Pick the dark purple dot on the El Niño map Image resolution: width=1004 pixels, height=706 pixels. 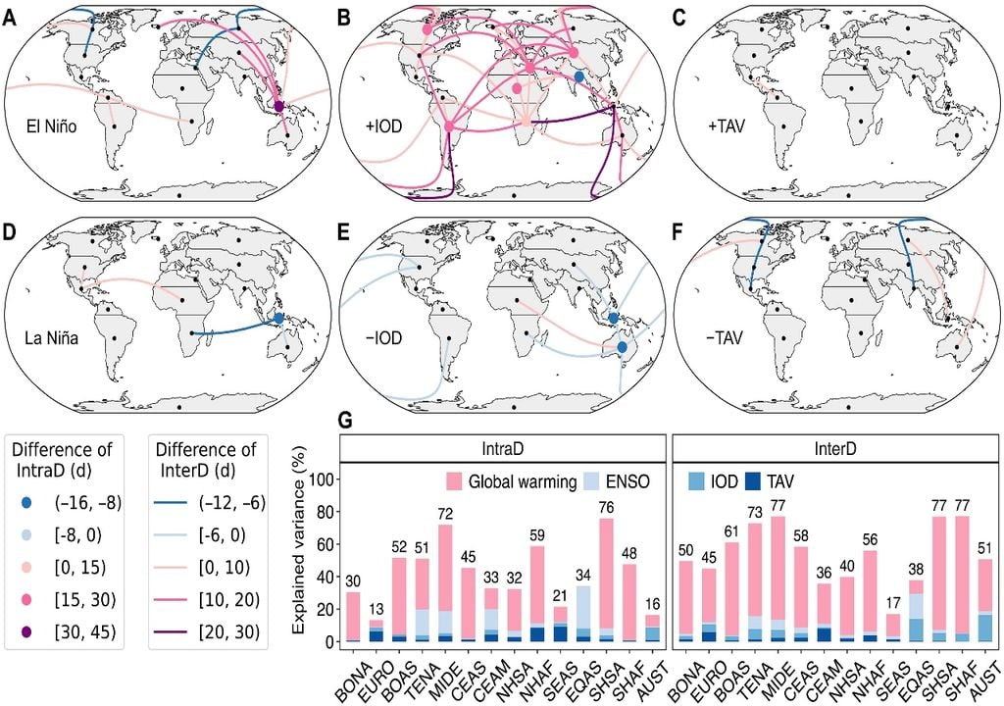278,106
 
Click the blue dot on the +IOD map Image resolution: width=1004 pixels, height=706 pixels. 578,76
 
